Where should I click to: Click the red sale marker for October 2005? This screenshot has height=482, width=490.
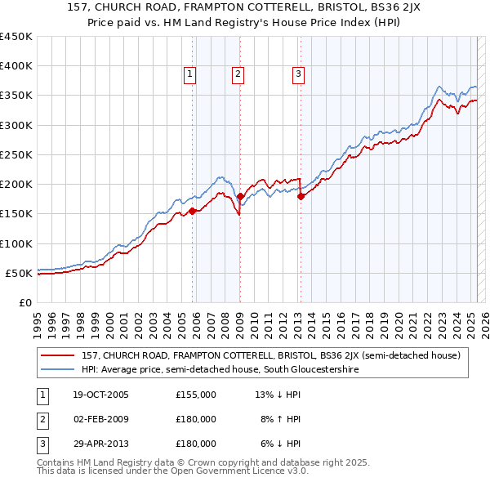[x=193, y=211]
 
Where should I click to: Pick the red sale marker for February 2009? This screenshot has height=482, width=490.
[x=240, y=196]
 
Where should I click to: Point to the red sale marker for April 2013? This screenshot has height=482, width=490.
[x=301, y=196]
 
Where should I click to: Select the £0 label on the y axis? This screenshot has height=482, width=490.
[x=24, y=302]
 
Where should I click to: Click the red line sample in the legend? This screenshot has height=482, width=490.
[x=58, y=355]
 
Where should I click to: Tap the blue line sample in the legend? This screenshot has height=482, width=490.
[x=58, y=369]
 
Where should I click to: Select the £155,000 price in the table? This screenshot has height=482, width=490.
[x=196, y=395]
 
